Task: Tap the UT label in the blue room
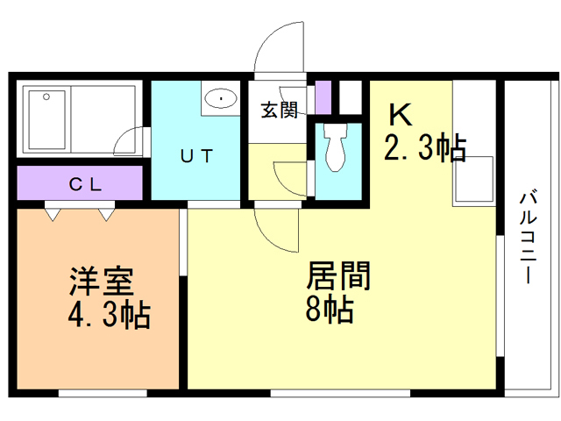coord(196,157)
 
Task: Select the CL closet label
coord(86,184)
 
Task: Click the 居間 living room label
coord(338,277)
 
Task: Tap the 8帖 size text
coord(330,309)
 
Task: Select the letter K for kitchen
coord(401,114)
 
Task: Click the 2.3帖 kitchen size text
coord(423,147)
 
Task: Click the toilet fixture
coord(335,148)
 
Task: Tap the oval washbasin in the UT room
coord(221,99)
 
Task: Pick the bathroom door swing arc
coord(129,139)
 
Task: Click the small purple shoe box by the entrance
coord(323,96)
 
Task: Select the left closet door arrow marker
coord(53,212)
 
